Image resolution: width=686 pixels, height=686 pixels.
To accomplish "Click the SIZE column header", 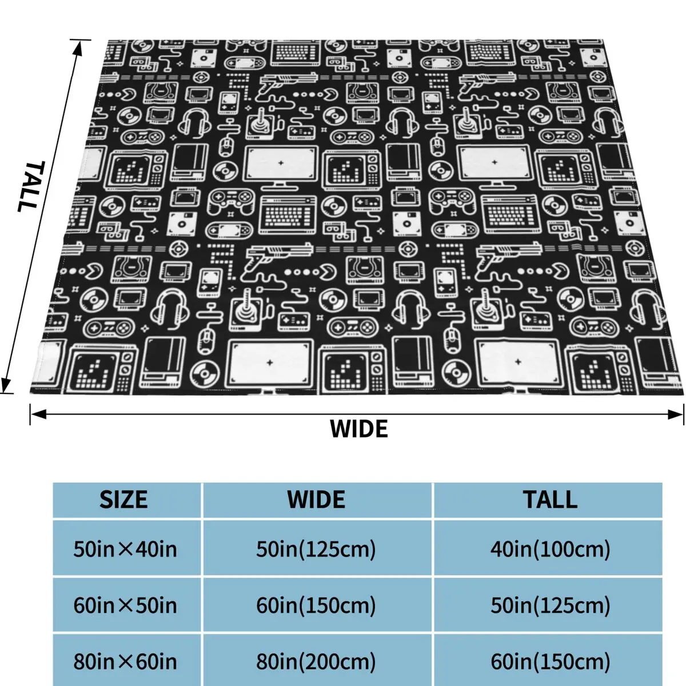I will pos(123,500).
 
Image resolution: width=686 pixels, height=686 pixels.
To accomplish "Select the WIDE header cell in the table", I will pos(316,500).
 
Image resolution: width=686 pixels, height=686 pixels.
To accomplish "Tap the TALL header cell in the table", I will pos(550,500).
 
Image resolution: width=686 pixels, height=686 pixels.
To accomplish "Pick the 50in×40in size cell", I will pos(125,549).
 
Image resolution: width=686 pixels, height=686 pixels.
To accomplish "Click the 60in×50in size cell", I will pos(125,605).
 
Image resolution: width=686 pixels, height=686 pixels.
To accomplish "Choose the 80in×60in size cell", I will pos(125,661).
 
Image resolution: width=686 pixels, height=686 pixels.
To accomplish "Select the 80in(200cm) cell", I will pos(316,661).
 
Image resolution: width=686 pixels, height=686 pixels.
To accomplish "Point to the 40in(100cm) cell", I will pos(550,549).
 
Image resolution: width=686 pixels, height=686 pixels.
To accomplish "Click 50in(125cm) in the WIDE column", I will pos(316,549).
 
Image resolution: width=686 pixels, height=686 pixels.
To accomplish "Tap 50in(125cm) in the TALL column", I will pos(550,605).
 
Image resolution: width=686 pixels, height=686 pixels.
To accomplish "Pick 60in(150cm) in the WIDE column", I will pos(316,605).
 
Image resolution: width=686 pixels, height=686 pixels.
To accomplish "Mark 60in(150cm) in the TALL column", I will pos(550,661).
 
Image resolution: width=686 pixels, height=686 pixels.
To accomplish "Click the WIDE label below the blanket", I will pos(358,429).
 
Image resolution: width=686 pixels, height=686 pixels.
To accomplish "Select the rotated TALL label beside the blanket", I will pos(30,186).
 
